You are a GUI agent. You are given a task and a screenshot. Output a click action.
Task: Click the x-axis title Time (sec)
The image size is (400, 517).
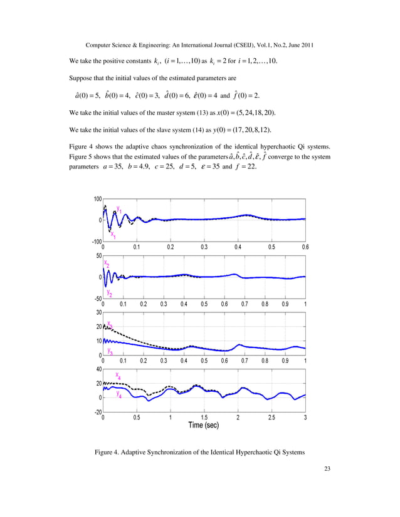coord(204,426)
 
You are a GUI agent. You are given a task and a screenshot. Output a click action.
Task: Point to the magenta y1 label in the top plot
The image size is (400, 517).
coord(119,210)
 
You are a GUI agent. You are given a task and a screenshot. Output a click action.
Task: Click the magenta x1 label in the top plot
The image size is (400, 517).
coord(113,235)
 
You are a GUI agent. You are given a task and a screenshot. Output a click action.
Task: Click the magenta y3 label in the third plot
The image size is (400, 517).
coord(110,351)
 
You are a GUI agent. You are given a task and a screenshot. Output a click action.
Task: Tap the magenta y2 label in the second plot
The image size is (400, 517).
coord(110,292)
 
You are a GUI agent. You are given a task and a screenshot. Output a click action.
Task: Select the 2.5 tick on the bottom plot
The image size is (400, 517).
coord(271,417)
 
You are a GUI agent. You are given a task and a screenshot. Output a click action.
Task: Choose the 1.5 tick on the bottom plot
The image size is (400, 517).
coord(204,417)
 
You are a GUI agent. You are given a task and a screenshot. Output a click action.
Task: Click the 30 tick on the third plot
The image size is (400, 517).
coord(98,312)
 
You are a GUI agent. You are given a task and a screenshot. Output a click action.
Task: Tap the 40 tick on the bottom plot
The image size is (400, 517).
coord(98,369)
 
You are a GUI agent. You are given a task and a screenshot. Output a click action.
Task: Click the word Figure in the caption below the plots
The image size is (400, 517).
coord(103,452)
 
